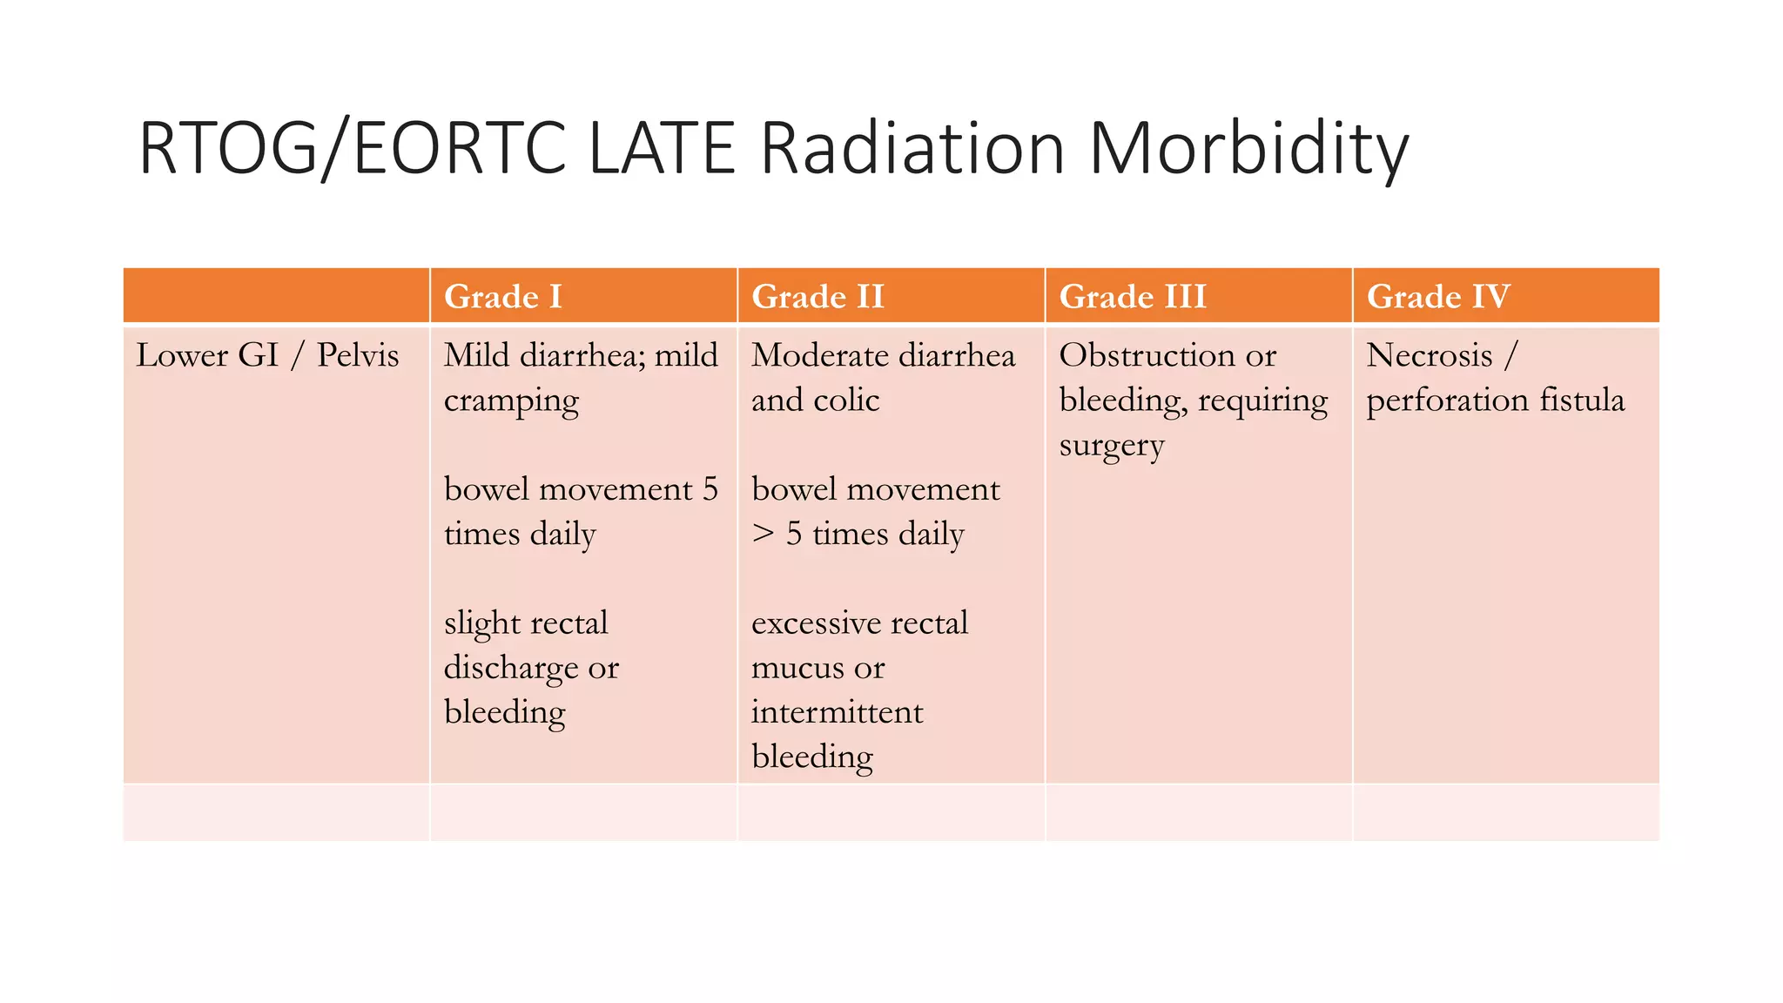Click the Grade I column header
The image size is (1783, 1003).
(x=502, y=297)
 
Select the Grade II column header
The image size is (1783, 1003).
(x=817, y=297)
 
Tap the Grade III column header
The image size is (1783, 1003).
(x=1132, y=297)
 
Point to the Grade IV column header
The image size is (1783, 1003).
(x=1437, y=297)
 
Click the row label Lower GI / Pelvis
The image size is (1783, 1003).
(x=267, y=355)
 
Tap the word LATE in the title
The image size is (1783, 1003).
(x=662, y=149)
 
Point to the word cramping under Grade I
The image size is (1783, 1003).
(x=511, y=401)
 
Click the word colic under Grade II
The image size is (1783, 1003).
(x=846, y=401)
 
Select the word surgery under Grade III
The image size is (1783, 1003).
(x=1111, y=446)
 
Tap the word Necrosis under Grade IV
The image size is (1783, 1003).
(x=1429, y=355)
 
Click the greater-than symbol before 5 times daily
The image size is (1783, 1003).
(x=763, y=534)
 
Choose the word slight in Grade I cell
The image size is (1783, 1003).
(x=481, y=623)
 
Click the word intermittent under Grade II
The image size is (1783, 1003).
(x=837, y=712)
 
